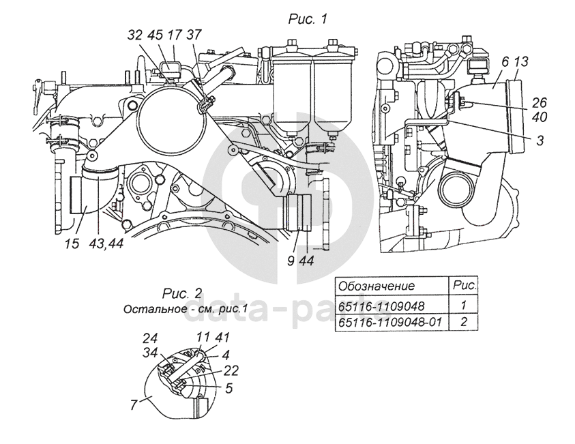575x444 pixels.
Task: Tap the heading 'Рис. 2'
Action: point(182,294)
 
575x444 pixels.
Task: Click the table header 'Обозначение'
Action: point(377,286)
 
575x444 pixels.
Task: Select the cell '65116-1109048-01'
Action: point(388,322)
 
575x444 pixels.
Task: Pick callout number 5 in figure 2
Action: point(229,389)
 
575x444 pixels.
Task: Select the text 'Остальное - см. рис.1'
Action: point(181,309)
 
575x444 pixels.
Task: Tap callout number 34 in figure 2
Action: point(149,353)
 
